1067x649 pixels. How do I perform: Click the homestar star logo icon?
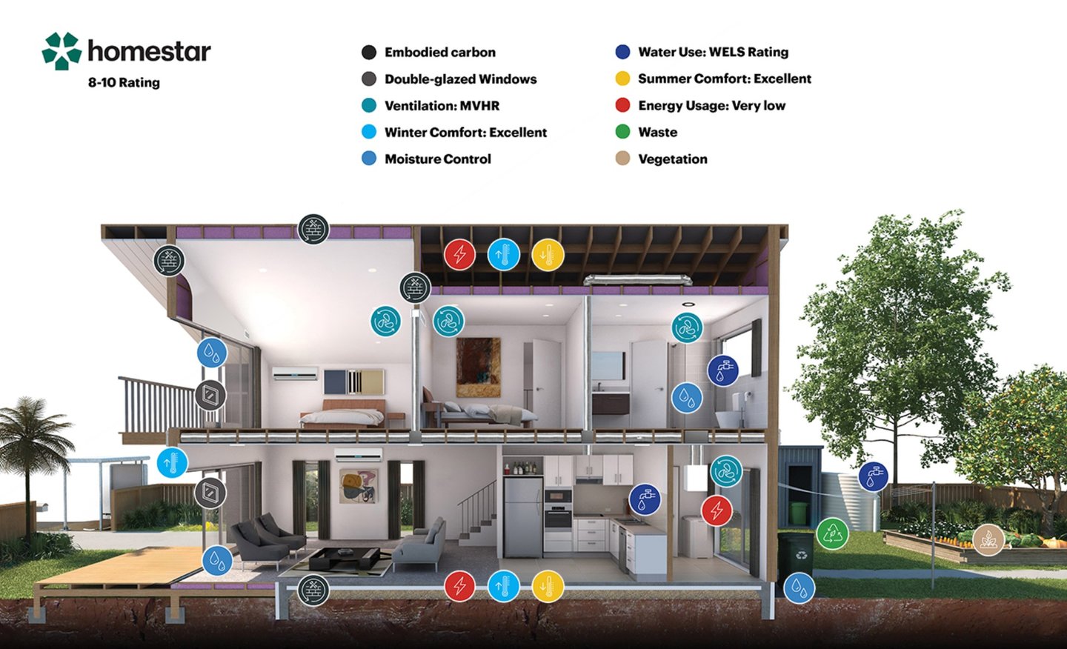tap(62, 51)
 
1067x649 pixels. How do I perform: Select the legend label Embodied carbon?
tap(439, 52)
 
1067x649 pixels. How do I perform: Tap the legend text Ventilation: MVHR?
tap(442, 105)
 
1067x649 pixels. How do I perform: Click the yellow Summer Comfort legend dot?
tap(623, 79)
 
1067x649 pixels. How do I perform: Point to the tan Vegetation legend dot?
tap(623, 159)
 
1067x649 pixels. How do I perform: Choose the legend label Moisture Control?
tap(437, 159)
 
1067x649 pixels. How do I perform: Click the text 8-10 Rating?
tap(124, 82)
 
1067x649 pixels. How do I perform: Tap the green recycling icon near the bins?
tap(832, 533)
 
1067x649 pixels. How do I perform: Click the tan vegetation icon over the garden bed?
tap(988, 540)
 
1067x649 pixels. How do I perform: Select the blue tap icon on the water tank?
tap(874, 476)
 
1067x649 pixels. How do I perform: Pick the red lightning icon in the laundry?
tap(717, 510)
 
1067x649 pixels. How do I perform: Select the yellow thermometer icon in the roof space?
tap(548, 255)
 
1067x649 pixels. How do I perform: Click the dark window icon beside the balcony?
tap(210, 396)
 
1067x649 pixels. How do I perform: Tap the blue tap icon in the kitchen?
tap(645, 499)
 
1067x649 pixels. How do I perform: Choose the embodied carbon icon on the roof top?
tap(313, 230)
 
